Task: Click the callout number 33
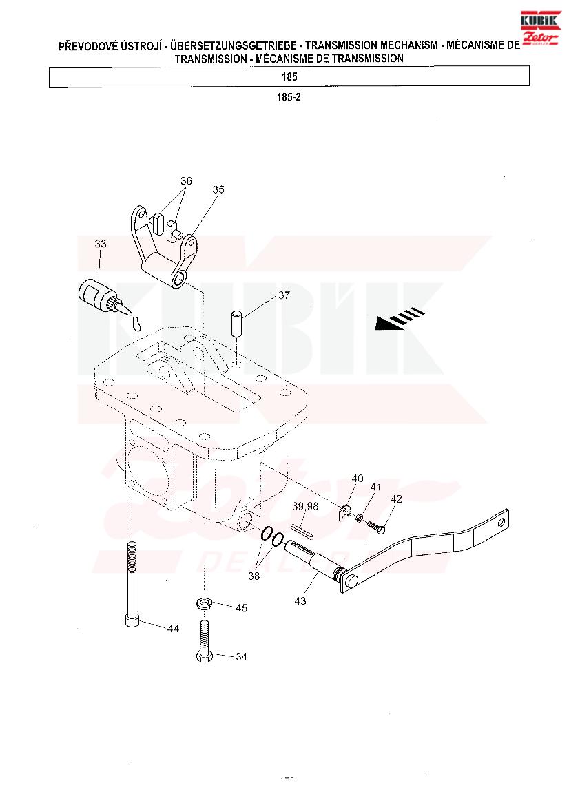pyautogui.click(x=100, y=243)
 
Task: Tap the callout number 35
pyautogui.click(x=218, y=189)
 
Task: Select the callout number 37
pyautogui.click(x=284, y=295)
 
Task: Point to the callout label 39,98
pyautogui.click(x=306, y=506)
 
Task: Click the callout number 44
pyautogui.click(x=173, y=629)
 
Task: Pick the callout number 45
pyautogui.click(x=241, y=608)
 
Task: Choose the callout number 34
pyautogui.click(x=241, y=657)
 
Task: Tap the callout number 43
pyautogui.click(x=300, y=600)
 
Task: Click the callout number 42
pyautogui.click(x=396, y=499)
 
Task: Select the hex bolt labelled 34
pyautogui.click(x=205, y=642)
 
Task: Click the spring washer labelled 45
pyautogui.click(x=205, y=603)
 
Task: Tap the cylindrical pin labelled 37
pyautogui.click(x=237, y=323)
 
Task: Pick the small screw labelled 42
pyautogui.click(x=376, y=527)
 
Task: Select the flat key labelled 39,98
pyautogui.click(x=302, y=531)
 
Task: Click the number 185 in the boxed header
pyautogui.click(x=289, y=77)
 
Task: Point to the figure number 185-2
pyautogui.click(x=289, y=97)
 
